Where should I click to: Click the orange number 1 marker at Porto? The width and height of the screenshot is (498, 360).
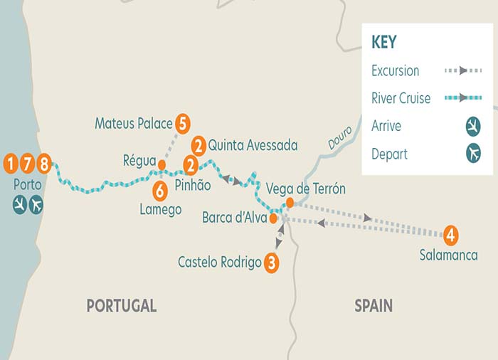tap(11, 163)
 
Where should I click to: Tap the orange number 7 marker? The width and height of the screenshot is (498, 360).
tap(28, 163)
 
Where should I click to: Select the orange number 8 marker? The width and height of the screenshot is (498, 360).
tap(44, 163)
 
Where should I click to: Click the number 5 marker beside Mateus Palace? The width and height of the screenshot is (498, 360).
tap(183, 123)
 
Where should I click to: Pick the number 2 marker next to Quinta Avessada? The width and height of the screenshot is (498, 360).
tap(198, 146)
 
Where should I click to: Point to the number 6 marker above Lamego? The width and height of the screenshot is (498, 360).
tap(160, 190)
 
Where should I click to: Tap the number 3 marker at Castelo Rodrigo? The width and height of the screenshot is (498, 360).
tap(271, 262)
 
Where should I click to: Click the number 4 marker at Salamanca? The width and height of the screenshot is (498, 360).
tap(450, 233)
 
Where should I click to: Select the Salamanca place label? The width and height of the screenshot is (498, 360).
tap(448, 255)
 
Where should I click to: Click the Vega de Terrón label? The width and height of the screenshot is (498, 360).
tap(305, 189)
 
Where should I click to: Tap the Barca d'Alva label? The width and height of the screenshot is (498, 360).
tap(234, 218)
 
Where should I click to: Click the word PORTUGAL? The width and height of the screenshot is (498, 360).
tap(121, 306)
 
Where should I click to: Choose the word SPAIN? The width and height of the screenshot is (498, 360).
tap(373, 306)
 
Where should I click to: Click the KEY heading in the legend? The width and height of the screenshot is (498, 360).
tap(384, 42)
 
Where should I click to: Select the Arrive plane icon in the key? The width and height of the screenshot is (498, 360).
tap(472, 127)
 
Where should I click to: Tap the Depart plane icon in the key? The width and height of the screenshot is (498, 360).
tap(472, 154)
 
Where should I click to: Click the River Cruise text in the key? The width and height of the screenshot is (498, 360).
tap(401, 99)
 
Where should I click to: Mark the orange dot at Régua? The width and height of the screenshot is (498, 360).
tap(161, 165)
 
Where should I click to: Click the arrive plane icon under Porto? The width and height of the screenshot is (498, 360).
tap(19, 205)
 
